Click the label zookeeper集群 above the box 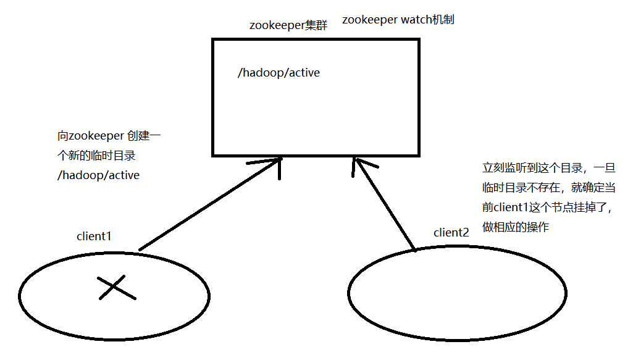pos(288,25)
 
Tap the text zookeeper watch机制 pos(398,20)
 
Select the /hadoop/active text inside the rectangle pos(279,73)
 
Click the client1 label pos(94,236)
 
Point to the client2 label pos(451,232)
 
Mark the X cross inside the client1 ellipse pos(116,288)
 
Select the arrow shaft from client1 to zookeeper pos(204,207)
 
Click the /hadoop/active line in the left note pos(98,175)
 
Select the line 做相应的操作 pos(515,227)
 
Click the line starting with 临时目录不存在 pos(546,188)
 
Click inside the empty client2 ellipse pos(457,293)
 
